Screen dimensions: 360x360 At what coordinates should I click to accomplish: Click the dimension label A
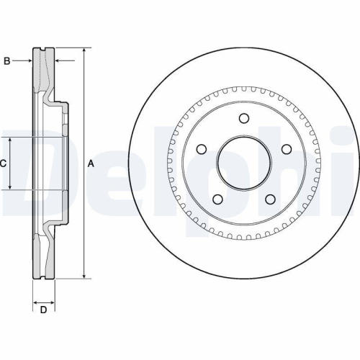[x=91, y=164]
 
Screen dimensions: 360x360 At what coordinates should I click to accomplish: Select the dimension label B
[x=6, y=61]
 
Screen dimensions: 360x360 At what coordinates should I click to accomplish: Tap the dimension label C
[x=4, y=163]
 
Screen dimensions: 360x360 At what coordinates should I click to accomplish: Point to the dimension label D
[x=44, y=310]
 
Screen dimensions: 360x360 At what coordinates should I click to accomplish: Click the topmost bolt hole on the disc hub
[x=243, y=119]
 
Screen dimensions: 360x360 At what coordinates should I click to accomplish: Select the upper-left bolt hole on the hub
[x=202, y=149]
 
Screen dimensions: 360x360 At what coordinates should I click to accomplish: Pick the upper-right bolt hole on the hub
[x=286, y=149]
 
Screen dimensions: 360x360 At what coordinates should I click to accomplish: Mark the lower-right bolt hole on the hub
[x=270, y=199]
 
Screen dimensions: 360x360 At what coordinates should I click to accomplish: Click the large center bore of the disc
[x=244, y=163]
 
